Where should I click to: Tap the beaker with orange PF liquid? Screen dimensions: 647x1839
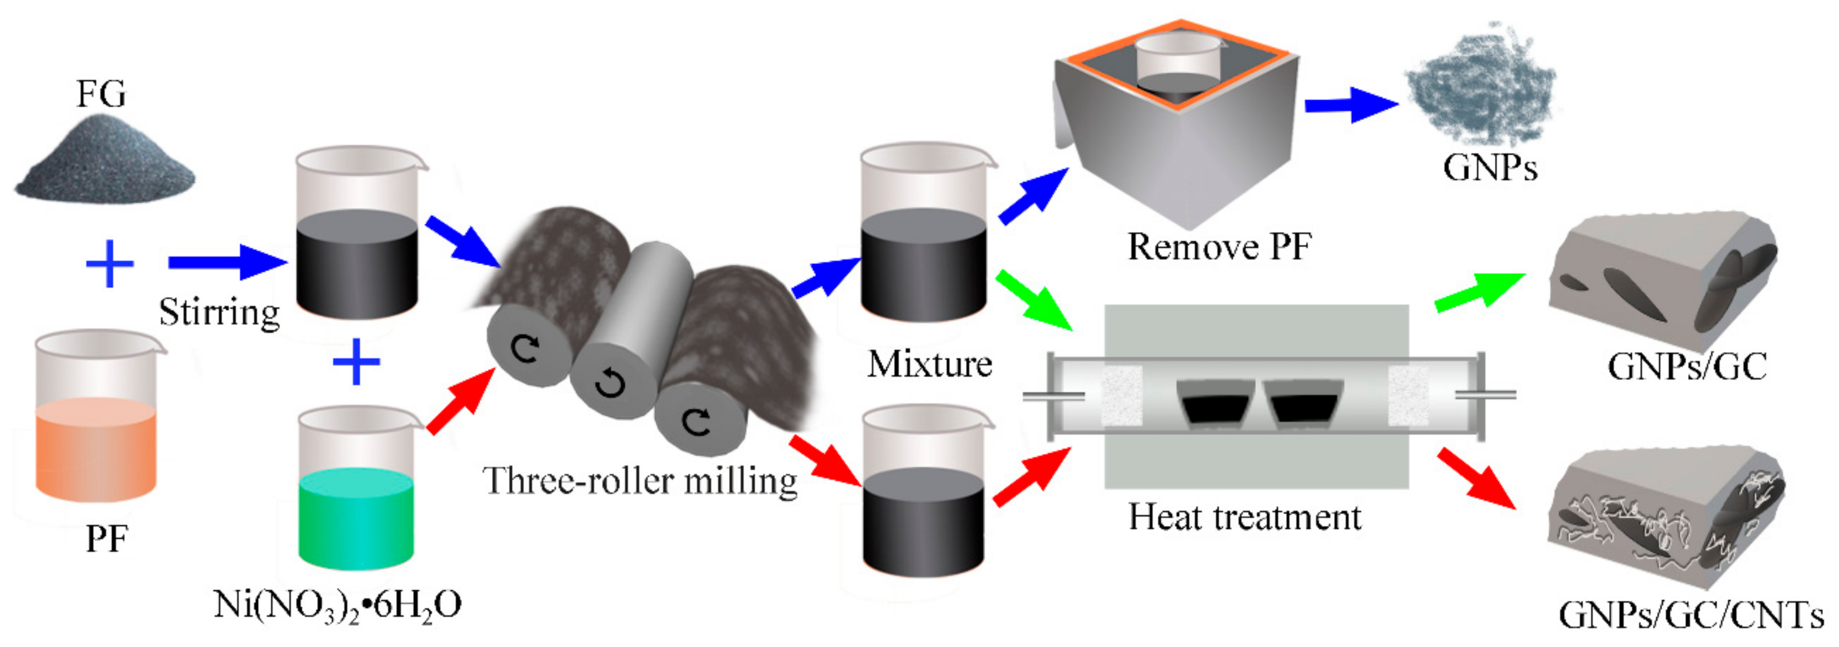tap(96, 421)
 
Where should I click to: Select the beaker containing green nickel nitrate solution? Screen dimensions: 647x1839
tap(356, 493)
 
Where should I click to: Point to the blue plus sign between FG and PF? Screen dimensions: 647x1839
tap(109, 264)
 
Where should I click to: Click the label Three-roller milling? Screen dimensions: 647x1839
tap(640, 480)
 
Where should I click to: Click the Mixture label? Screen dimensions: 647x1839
tap(930, 364)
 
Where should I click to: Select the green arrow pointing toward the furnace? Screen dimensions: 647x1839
tap(1034, 300)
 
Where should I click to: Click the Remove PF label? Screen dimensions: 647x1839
tap(1219, 246)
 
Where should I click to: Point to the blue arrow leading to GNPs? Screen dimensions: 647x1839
tap(1349, 105)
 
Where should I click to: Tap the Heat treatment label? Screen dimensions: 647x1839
tap(1244, 516)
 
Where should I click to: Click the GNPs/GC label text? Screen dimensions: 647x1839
tap(1687, 366)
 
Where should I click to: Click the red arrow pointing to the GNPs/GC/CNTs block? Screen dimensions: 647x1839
tap(1476, 479)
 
